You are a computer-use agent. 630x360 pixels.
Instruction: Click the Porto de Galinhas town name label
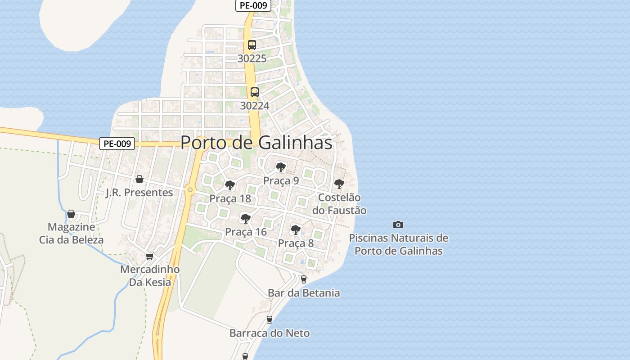click(256, 143)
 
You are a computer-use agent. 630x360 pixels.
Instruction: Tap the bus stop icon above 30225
click(252, 45)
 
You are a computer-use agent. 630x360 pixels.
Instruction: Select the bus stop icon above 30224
click(255, 92)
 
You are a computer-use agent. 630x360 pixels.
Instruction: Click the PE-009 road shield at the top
click(253, 6)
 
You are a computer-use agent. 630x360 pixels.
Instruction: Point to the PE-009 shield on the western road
click(117, 144)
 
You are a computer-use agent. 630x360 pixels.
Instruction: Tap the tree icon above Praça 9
click(281, 167)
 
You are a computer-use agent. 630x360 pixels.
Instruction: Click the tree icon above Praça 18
click(230, 185)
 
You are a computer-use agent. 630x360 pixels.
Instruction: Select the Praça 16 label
click(246, 232)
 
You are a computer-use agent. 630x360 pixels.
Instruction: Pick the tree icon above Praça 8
click(296, 230)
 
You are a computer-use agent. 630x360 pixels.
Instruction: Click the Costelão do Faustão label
click(339, 204)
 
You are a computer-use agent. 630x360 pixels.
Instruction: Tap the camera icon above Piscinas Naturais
click(398, 225)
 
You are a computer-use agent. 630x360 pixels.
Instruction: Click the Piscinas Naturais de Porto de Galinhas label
click(399, 244)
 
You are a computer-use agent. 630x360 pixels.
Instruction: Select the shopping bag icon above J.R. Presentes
click(139, 179)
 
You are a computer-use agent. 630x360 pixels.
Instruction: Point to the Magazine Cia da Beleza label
click(71, 233)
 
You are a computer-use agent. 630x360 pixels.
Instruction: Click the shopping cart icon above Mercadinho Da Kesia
click(150, 256)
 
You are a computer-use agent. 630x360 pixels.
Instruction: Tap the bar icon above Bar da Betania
click(303, 279)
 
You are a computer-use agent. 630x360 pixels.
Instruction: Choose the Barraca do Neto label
click(270, 333)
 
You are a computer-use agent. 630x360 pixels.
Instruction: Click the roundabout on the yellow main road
click(190, 190)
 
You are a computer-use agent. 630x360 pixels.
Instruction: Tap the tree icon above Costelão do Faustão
click(339, 184)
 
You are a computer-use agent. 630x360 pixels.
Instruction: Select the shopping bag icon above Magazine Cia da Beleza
click(71, 214)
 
